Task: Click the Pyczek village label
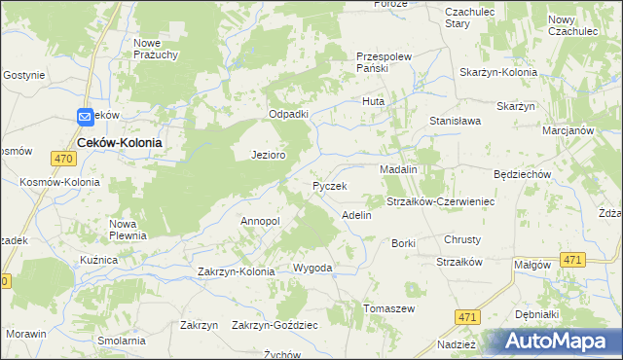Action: click(330, 185)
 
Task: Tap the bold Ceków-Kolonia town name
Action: click(119, 141)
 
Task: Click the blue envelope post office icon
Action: click(85, 116)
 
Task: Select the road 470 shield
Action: click(65, 159)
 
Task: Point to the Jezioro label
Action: click(268, 155)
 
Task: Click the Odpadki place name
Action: click(289, 114)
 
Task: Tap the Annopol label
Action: click(260, 221)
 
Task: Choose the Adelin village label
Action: click(356, 214)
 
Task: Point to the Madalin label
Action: click(398, 169)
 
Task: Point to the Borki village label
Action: click(403, 243)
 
